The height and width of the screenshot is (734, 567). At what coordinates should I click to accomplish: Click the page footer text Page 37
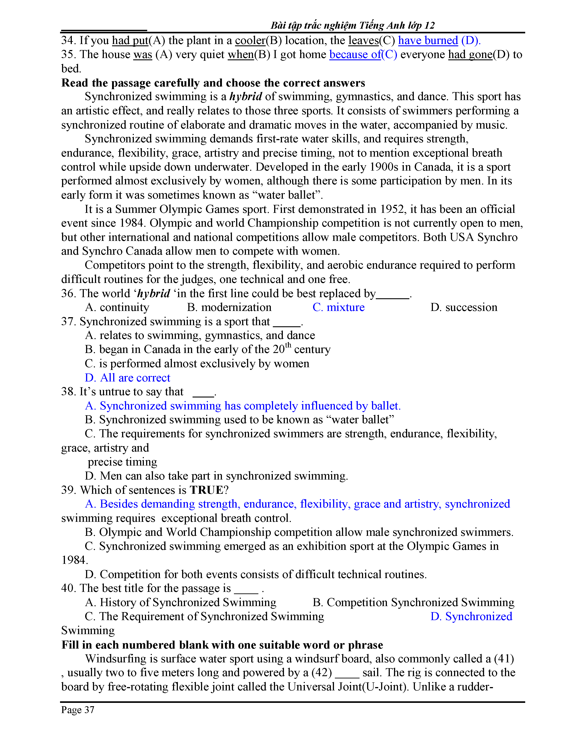tap(78, 710)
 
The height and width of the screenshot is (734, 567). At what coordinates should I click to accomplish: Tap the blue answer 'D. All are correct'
tap(128, 378)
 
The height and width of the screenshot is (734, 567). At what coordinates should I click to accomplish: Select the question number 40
tap(69, 588)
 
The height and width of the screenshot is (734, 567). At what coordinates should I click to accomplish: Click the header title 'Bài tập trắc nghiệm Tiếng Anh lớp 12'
tap(352, 25)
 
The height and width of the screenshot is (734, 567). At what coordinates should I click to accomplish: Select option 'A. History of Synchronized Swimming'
tap(181, 602)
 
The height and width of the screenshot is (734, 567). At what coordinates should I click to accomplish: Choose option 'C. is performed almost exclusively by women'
tap(197, 364)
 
